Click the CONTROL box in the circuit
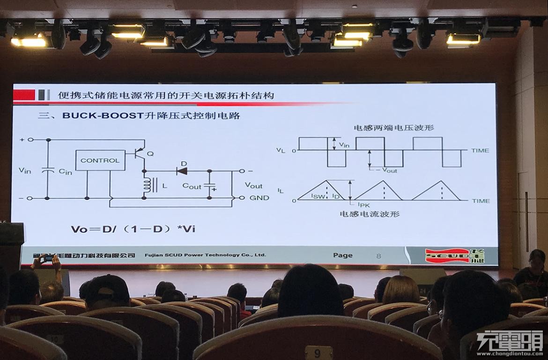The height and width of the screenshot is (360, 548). [x=100, y=160]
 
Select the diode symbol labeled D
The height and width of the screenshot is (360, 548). [x=182, y=171]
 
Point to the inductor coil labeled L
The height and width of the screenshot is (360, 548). [x=148, y=185]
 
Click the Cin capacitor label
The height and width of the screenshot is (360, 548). [x=65, y=172]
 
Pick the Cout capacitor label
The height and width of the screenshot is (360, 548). [x=192, y=186]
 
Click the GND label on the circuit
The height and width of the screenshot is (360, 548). [x=259, y=198]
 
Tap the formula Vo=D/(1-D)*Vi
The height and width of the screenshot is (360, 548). [x=133, y=229]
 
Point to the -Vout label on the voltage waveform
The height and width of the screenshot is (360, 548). [x=386, y=170]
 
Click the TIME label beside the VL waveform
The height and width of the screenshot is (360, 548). [x=480, y=150]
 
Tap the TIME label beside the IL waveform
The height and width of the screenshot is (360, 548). [x=481, y=201]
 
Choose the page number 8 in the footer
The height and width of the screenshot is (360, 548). [x=378, y=256]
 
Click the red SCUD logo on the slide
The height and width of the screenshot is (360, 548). [x=448, y=256]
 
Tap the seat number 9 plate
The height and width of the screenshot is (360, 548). [x=318, y=352]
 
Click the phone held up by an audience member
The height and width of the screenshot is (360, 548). [x=49, y=258]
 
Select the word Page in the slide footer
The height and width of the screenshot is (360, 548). [x=342, y=255]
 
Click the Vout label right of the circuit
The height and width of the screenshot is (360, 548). [x=253, y=185]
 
